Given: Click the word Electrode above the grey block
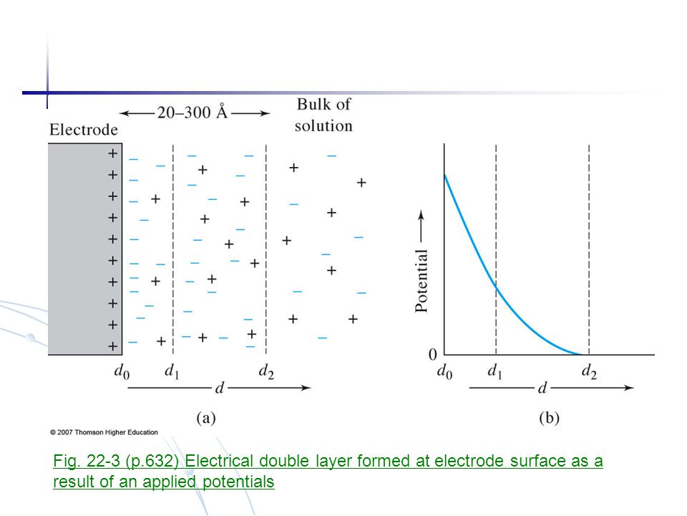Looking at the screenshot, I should point(83,130).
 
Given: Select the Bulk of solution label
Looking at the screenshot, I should point(323,115).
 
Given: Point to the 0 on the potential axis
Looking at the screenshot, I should point(432,354).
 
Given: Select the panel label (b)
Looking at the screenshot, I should point(548,419).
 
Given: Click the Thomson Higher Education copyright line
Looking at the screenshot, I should point(104,432).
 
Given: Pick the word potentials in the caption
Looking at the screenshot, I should point(238,482).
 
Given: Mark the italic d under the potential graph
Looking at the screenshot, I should point(542,388).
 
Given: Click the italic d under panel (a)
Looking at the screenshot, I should point(219,388).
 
